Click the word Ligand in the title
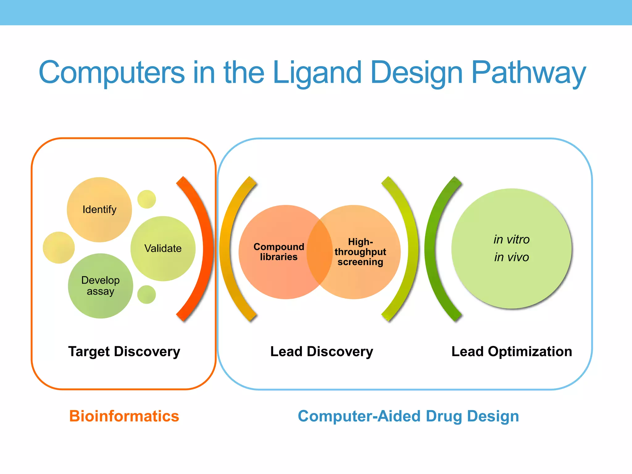[x=317, y=73]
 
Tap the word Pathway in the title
[x=528, y=73]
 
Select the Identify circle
[x=99, y=210]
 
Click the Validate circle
[x=163, y=248]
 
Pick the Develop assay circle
[x=100, y=286]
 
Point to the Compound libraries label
[x=279, y=252]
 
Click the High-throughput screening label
[x=360, y=252]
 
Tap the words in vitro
[x=511, y=239]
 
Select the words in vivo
[x=511, y=257]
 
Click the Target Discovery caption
[x=124, y=351]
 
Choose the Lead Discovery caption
[x=322, y=351]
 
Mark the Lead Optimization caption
[x=512, y=351]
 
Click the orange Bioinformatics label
[x=124, y=416]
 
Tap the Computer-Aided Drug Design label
[x=408, y=416]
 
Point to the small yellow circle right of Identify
[x=147, y=199]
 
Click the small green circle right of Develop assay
[x=147, y=294]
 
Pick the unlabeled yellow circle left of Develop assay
[x=59, y=247]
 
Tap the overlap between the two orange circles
[x=320, y=252]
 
